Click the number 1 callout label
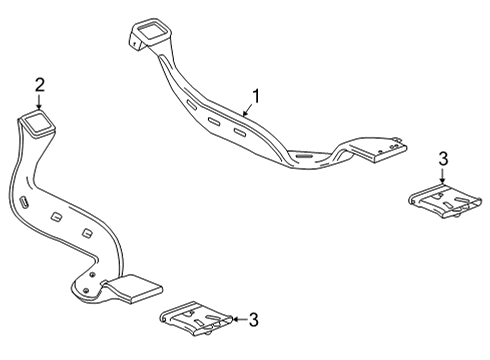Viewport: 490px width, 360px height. tap(256, 96)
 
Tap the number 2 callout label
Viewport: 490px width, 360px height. tap(39, 84)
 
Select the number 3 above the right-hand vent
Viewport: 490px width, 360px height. tap(443, 158)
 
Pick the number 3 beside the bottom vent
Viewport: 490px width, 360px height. tap(253, 320)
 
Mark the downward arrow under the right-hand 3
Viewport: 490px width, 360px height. tap(443, 178)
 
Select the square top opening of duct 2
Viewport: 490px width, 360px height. tap(40, 124)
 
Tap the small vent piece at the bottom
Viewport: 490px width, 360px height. tap(197, 321)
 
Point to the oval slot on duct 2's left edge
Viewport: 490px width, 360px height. tap(21, 203)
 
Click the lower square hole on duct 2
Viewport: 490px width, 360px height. tap(88, 233)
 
